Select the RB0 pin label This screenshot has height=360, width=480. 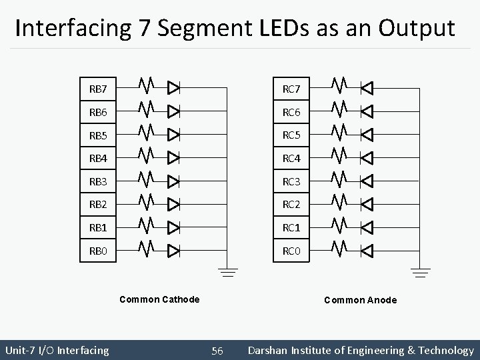(98, 251)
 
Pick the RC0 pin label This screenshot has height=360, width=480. (291, 251)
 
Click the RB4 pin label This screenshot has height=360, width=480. (98, 158)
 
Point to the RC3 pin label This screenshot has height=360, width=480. (291, 181)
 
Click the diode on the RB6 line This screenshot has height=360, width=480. (174, 110)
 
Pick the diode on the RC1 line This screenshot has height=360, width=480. (367, 227)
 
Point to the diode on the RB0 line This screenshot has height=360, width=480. (174, 251)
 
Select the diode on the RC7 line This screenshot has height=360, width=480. (367, 87)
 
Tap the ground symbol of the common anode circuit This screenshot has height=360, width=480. (421, 272)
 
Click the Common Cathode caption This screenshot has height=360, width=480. (159, 299)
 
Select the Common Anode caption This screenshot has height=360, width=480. (360, 300)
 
